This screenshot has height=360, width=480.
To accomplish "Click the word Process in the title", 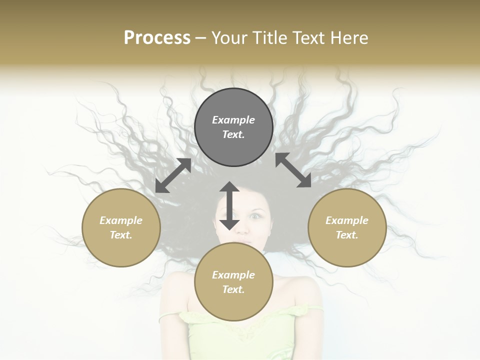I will (157, 38).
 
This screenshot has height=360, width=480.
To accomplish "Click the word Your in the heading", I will (230, 38).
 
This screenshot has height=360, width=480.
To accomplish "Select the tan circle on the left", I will (121, 250).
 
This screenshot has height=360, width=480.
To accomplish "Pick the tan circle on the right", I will (347, 250).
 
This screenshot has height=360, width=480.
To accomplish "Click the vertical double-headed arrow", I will (229, 205).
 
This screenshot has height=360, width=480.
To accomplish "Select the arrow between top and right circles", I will (293, 170).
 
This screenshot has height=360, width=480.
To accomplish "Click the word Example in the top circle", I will (233, 120).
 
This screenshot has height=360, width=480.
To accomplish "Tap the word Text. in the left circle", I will (121, 235).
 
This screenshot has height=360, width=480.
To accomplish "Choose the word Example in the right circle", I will (347, 220).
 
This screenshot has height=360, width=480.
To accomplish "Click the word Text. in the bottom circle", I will (233, 289).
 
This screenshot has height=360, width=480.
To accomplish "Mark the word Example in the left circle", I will (121, 220).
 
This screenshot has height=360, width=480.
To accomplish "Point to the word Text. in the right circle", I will (347, 235).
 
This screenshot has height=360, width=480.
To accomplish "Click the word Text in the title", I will (308, 38).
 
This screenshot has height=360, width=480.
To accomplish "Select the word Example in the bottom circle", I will (233, 275).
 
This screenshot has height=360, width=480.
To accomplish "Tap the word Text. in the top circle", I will (233, 134).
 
